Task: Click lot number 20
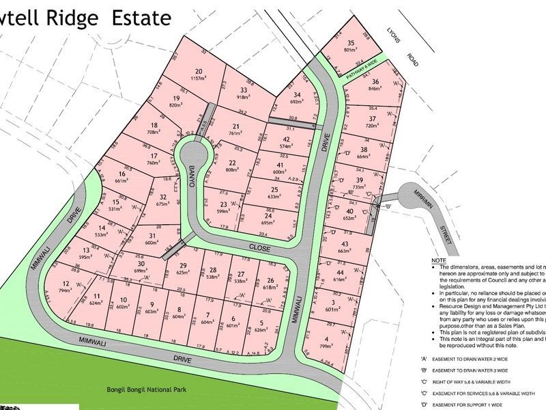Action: tap(199, 72)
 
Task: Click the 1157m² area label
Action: tap(199, 79)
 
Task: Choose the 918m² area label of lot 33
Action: tap(242, 98)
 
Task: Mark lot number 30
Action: tap(141, 264)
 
